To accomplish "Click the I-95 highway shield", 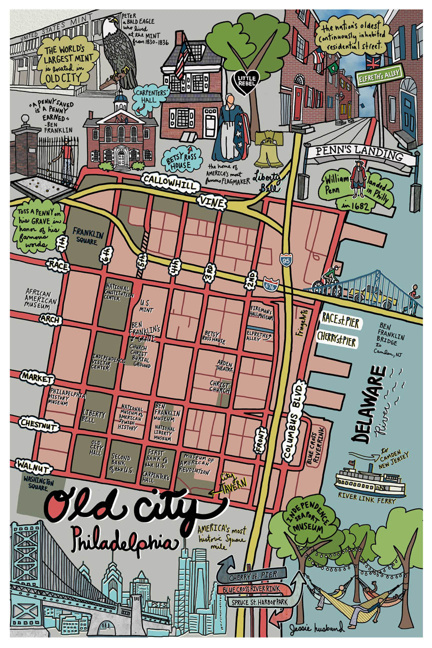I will [285, 260].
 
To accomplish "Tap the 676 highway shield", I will [269, 283].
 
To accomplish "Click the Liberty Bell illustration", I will [268, 149].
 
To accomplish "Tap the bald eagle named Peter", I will [118, 50].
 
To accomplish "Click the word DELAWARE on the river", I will [369, 405].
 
